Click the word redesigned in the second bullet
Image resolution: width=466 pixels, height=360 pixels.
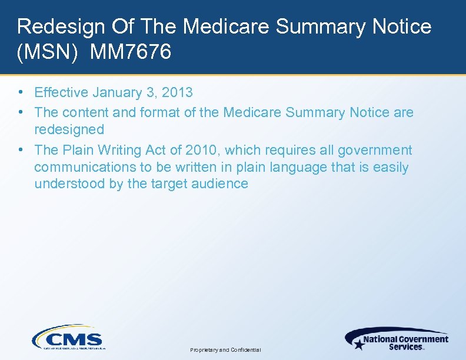coord(69,129)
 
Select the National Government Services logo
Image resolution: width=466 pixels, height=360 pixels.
coord(397,339)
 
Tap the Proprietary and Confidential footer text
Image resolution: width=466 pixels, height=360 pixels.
coord(225,350)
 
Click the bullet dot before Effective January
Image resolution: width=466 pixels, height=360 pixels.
coord(21,92)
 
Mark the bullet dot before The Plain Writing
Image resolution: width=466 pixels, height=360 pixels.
coord(21,150)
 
